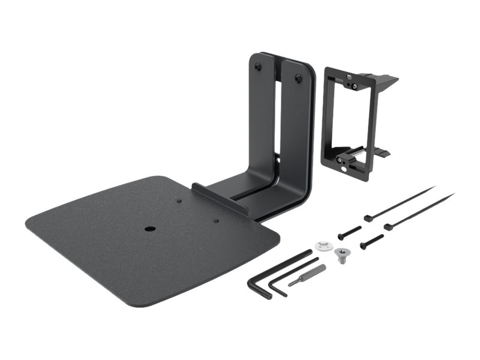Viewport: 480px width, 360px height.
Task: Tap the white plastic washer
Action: pyautogui.click(x=322, y=246)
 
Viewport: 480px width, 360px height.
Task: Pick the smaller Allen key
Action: pyautogui.click(x=293, y=272)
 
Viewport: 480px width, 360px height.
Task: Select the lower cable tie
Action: pyautogui.click(x=420, y=211)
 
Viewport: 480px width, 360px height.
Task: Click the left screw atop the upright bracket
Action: pyautogui.click(x=257, y=67)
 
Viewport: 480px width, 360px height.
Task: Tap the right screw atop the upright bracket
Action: pyautogui.click(x=298, y=77)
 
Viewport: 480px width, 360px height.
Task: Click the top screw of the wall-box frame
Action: pyautogui.click(x=355, y=85)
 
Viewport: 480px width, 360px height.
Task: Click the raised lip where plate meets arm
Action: pyautogui.click(x=220, y=199)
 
